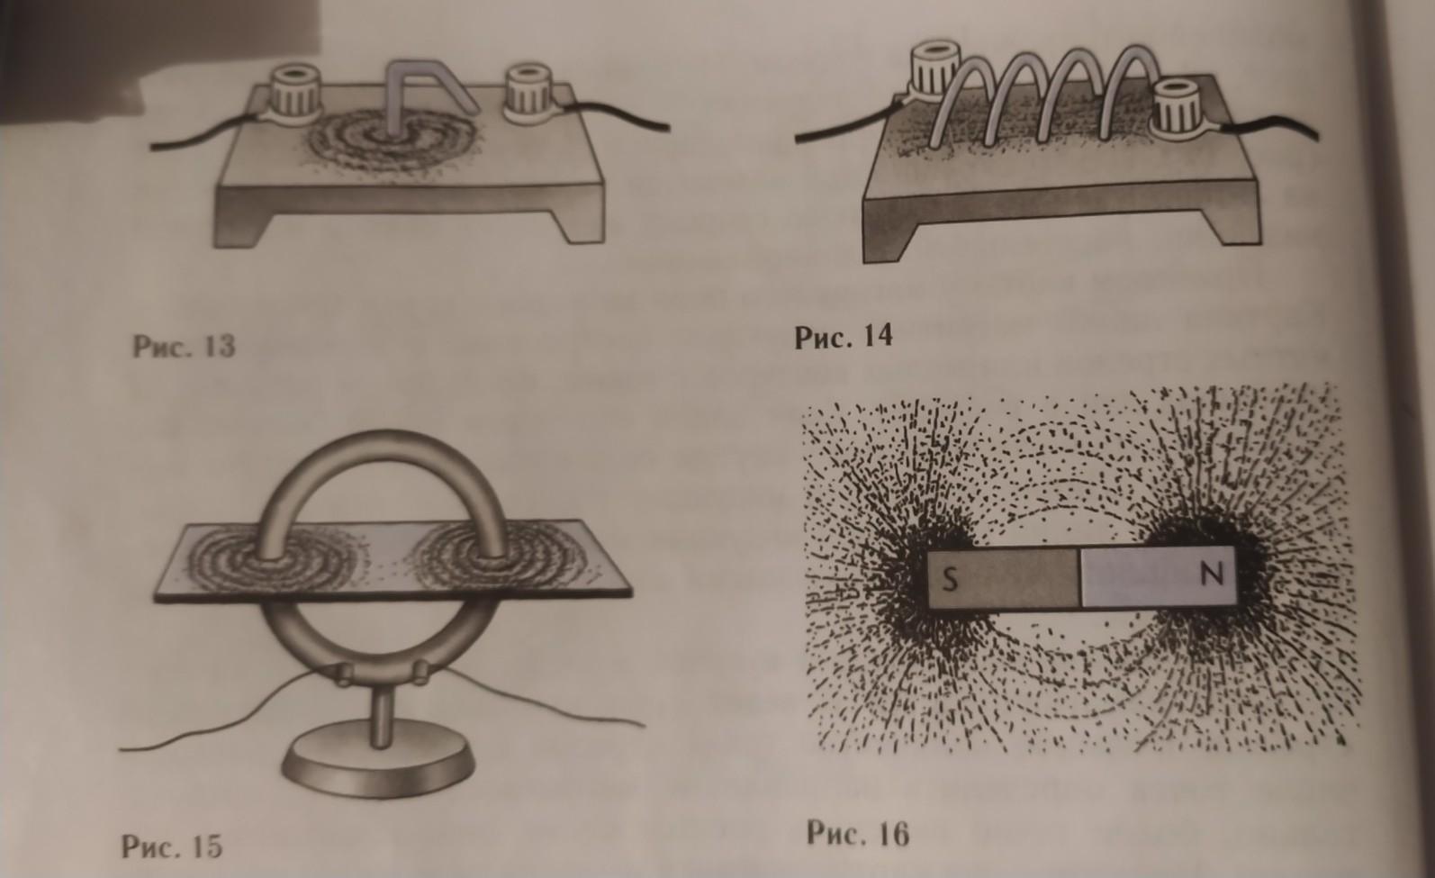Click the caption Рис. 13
pos(184,347)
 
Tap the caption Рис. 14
pos(843,337)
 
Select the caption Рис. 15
pos(172,846)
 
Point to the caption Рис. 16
pos(858,834)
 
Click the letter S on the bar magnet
pos(951,581)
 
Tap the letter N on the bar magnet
pos(1212,575)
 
